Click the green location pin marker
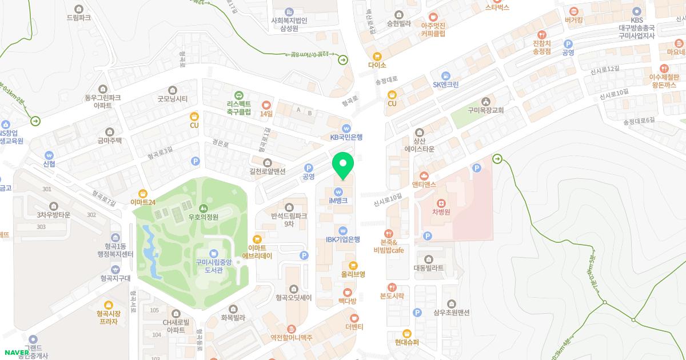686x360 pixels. [x=342, y=166]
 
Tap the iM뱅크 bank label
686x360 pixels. [x=338, y=201]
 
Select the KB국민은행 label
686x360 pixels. [x=346, y=137]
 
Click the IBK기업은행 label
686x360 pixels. [x=342, y=239]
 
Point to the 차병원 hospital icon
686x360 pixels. [x=441, y=203]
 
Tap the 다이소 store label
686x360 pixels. [x=377, y=65]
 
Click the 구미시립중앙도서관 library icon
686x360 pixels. [x=213, y=253]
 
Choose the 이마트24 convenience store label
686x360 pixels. [x=143, y=201]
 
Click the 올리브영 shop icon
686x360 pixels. [x=353, y=265]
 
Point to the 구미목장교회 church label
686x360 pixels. [x=486, y=110]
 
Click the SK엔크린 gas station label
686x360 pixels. [x=445, y=85]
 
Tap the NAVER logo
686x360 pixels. [x=17, y=352]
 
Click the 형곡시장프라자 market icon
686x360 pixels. [x=108, y=305]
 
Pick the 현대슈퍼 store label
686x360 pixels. [x=407, y=342]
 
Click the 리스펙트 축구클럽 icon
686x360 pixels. [x=238, y=95]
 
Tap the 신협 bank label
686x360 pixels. [x=49, y=163]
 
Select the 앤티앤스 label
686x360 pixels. [x=424, y=185]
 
